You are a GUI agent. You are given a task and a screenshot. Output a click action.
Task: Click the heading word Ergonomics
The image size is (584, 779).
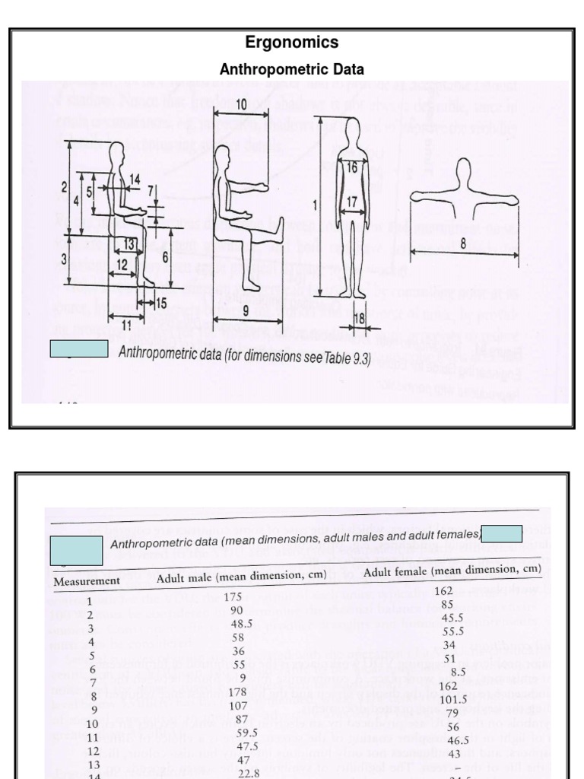[x=291, y=43]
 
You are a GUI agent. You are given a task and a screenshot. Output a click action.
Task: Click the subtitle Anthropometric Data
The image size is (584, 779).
[x=291, y=69]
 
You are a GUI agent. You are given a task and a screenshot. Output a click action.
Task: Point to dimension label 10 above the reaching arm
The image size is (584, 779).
[x=240, y=103]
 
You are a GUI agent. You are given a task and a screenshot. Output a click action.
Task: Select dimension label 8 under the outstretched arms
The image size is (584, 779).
[x=463, y=244]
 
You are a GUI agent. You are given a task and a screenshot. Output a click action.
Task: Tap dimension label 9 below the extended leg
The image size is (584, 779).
[x=246, y=310]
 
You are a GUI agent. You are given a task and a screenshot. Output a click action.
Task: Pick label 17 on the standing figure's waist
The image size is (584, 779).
[x=352, y=202]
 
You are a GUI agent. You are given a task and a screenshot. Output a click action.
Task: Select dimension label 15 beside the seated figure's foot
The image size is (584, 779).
[x=160, y=303]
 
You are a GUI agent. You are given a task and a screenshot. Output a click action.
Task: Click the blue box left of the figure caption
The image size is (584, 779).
[x=79, y=349]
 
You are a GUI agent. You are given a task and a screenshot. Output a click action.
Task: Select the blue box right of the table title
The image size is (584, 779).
[x=500, y=533]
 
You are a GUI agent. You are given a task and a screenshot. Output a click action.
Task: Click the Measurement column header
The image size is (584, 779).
[x=87, y=581]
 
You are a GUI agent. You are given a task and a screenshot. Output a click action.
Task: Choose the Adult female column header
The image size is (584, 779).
[x=452, y=570]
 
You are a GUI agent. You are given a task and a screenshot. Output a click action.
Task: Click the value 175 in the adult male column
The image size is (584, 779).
[x=233, y=597]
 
